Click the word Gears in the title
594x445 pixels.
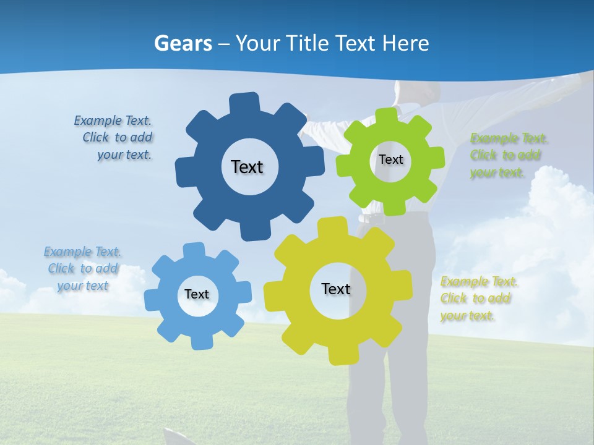click(x=183, y=43)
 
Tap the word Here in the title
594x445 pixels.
click(x=406, y=43)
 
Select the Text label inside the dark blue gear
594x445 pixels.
click(x=247, y=167)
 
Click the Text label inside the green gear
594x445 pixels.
click(x=390, y=159)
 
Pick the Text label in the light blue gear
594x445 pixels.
click(x=197, y=294)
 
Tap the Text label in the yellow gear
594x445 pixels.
click(x=336, y=289)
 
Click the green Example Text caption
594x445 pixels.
click(x=508, y=155)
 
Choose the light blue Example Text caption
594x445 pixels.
click(x=82, y=268)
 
